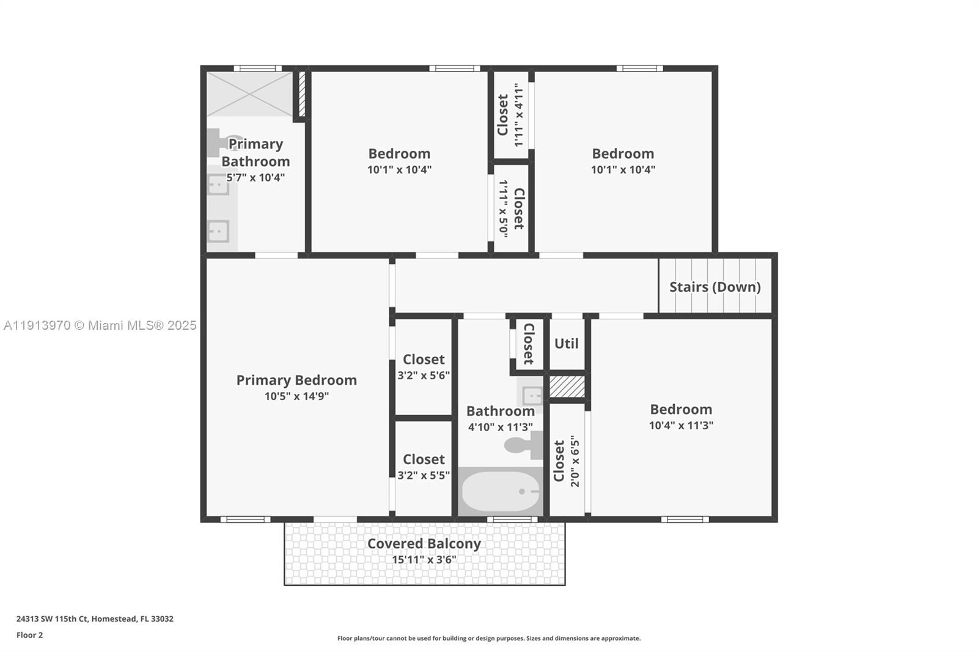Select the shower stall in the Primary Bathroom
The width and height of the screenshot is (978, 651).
[x=249, y=93]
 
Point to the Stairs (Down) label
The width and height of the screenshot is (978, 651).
[x=715, y=287]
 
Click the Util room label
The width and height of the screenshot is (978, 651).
[x=566, y=344]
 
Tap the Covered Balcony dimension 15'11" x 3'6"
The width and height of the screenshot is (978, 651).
[x=424, y=559]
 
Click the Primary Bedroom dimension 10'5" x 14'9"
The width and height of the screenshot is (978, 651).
[x=296, y=396]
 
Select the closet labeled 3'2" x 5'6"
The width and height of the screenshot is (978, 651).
[x=424, y=366]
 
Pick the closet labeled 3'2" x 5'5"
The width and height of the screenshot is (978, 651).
[x=424, y=467]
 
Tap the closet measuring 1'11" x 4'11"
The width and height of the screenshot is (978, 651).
[x=510, y=115]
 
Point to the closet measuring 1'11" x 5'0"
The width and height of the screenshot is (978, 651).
[x=511, y=208]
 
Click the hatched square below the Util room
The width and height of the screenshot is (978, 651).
[x=567, y=387]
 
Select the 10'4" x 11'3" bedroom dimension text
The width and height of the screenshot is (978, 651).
[x=681, y=426]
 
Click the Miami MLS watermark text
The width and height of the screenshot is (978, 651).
[x=100, y=325]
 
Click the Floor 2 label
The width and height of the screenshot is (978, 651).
[x=29, y=635]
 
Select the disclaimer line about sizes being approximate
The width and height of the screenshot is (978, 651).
[x=489, y=638]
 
